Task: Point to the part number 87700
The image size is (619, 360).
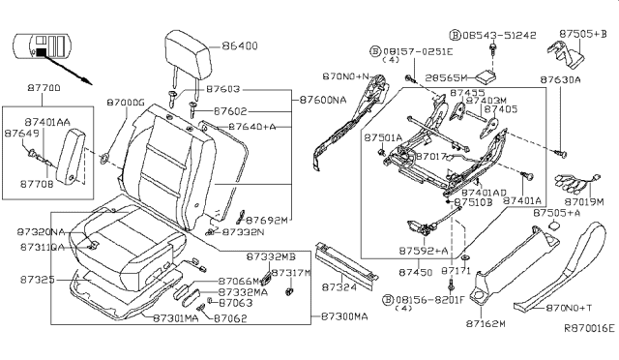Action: [43, 88]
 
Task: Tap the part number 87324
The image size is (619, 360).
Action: [339, 287]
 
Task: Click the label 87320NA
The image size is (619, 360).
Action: [41, 232]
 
